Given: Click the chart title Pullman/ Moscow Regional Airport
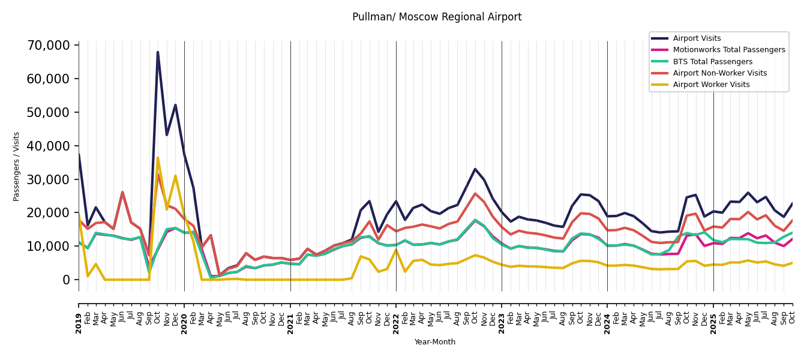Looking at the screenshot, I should click(x=437, y=17).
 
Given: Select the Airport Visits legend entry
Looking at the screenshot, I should click(x=697, y=38).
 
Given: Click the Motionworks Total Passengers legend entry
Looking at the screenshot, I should click(x=728, y=50).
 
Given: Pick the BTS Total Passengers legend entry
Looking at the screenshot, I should click(x=712, y=62).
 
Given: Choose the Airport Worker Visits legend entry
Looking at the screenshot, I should click(x=711, y=85).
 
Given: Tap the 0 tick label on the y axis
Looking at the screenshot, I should click(x=67, y=280).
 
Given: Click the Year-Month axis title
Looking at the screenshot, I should click(x=435, y=342).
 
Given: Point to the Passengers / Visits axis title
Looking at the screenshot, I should click(x=17, y=166).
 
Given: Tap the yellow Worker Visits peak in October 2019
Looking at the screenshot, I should click(x=158, y=158).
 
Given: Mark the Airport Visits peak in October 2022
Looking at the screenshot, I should click(x=475, y=169).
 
